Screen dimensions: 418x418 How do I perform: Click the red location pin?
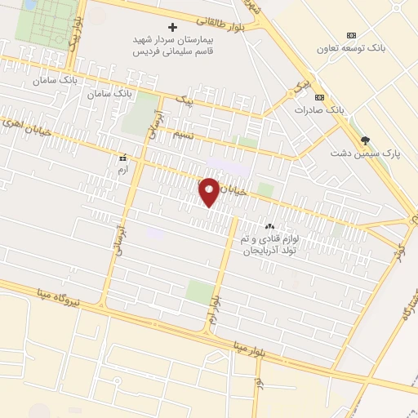pos(209,191)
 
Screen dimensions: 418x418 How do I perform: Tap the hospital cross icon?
pos(172,27)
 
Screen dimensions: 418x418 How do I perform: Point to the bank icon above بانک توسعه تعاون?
pos(351,35)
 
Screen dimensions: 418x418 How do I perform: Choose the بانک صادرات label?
pos(315,109)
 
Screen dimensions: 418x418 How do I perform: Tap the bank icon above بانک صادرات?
pos(319,97)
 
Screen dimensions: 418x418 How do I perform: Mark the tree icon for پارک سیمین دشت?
pos(367,140)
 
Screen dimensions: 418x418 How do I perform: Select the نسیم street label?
pos(183,135)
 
